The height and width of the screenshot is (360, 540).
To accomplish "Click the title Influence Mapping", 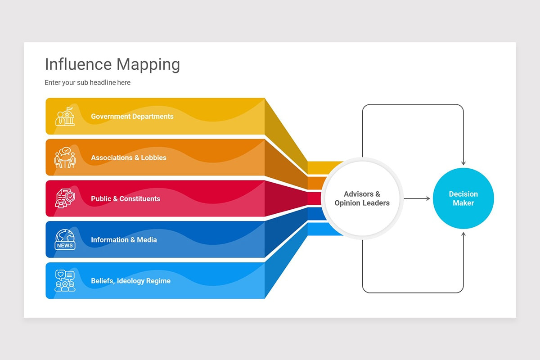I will pyautogui.click(x=112, y=64).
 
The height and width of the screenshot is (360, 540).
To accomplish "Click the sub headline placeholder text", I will pyautogui.click(x=87, y=83).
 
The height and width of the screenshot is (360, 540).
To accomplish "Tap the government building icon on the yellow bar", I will pyautogui.click(x=65, y=116).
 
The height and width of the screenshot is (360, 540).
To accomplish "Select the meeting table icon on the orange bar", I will pyautogui.click(x=65, y=157).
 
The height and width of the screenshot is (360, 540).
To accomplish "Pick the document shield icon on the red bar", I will pyautogui.click(x=65, y=198).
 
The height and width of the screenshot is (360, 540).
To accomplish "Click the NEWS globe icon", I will pyautogui.click(x=65, y=239).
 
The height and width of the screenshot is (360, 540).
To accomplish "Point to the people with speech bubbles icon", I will pyautogui.click(x=65, y=281).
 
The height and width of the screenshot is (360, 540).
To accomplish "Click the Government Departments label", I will pyautogui.click(x=132, y=117).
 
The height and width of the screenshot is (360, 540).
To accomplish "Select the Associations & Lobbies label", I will pyautogui.click(x=128, y=158).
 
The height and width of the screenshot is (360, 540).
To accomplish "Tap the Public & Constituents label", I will pyautogui.click(x=125, y=199).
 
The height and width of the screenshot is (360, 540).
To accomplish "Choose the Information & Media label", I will pyautogui.click(x=124, y=240).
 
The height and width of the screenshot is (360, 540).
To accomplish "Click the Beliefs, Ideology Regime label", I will pyautogui.click(x=130, y=281).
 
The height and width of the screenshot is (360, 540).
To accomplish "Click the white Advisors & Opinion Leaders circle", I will pyautogui.click(x=362, y=198).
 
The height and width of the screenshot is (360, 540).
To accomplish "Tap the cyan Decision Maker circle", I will pyautogui.click(x=463, y=198).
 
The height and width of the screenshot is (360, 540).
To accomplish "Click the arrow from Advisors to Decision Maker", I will pyautogui.click(x=417, y=198).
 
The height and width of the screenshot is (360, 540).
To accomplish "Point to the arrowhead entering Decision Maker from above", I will pyautogui.click(x=463, y=163).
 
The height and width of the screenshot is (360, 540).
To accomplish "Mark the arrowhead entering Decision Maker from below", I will pyautogui.click(x=463, y=234).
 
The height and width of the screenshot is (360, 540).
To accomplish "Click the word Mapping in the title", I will pyautogui.click(x=148, y=64).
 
